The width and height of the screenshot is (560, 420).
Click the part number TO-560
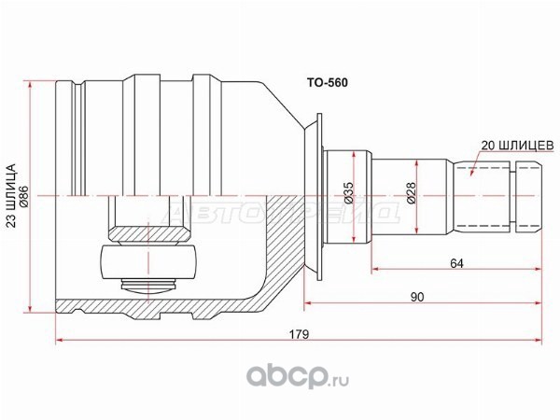pyautogui.click(x=328, y=83)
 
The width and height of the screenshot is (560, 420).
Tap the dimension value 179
pyautogui.click(x=299, y=334)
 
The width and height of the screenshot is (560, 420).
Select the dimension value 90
pyautogui.click(x=417, y=297)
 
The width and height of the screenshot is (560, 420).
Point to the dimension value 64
pyautogui.click(x=456, y=263)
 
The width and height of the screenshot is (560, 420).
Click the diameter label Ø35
pyautogui.click(x=349, y=193)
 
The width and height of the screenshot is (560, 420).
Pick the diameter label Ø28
pyautogui.click(x=412, y=193)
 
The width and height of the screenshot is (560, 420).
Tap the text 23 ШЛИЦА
pyautogui.click(x=12, y=196)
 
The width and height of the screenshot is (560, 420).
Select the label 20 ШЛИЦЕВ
pyautogui.click(x=517, y=146)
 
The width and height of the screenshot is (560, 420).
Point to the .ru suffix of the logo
pyautogui.click(x=338, y=381)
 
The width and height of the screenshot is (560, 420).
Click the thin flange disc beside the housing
pyautogui.click(x=319, y=196)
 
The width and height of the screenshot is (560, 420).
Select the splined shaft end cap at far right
pyautogui.click(x=529, y=196)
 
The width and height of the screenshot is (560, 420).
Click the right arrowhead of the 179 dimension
pyautogui.click(x=538, y=340)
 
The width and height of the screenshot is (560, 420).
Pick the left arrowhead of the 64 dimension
pyautogui.click(x=376, y=269)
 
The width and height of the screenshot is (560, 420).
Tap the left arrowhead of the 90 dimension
pyautogui.click(x=308, y=303)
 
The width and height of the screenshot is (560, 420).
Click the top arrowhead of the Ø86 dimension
pyautogui.click(x=30, y=85)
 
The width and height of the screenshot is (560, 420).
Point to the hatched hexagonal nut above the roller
pyautogui.click(x=147, y=234)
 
